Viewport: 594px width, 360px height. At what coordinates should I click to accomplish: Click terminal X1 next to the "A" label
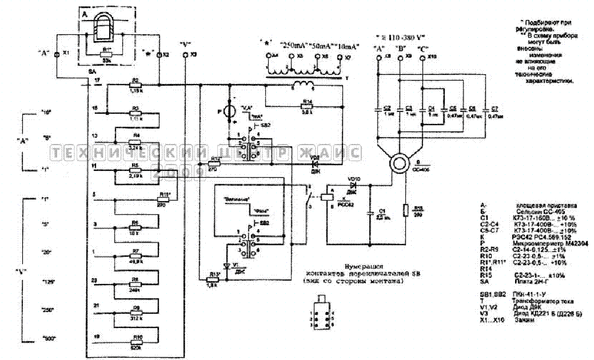(x=57, y=54)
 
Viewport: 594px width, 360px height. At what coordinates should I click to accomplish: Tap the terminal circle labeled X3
(x=185, y=55)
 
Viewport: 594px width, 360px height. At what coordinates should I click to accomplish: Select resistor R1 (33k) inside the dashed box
(x=106, y=54)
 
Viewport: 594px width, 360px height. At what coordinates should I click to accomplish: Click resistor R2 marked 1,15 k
(x=135, y=85)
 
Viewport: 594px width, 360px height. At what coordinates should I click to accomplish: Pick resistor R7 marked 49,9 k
(x=136, y=255)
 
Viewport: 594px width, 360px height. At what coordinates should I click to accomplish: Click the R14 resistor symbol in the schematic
(x=308, y=107)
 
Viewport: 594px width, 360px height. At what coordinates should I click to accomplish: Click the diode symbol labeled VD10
(x=353, y=185)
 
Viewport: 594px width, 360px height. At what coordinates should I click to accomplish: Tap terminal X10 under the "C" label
(x=422, y=58)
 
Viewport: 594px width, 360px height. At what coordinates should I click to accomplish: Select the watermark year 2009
(x=178, y=171)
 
